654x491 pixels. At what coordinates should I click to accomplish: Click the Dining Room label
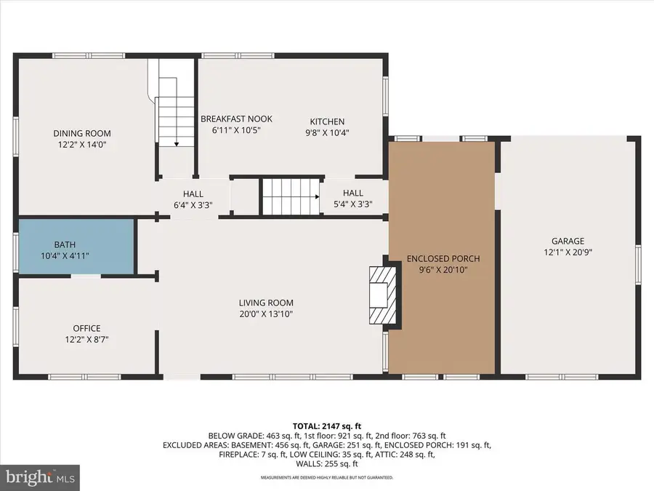pyautogui.click(x=81, y=133)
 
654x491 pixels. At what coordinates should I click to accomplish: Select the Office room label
pyautogui.click(x=86, y=328)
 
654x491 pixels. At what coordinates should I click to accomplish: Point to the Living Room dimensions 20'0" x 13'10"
pyautogui.click(x=266, y=314)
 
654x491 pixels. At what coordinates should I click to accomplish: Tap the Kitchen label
pyautogui.click(x=327, y=121)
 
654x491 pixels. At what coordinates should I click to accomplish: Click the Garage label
pyautogui.click(x=567, y=241)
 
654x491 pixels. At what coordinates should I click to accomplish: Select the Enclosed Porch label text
pyautogui.click(x=443, y=258)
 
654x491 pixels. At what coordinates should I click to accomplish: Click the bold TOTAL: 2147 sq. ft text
pyautogui.click(x=327, y=426)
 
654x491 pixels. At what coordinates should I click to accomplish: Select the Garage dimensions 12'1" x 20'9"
pyautogui.click(x=567, y=252)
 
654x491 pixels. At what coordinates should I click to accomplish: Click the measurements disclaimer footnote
pyautogui.click(x=327, y=478)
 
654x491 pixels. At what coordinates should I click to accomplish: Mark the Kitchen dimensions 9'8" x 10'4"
pyautogui.click(x=327, y=132)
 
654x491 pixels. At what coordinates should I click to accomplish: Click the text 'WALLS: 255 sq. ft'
pyautogui.click(x=327, y=463)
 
